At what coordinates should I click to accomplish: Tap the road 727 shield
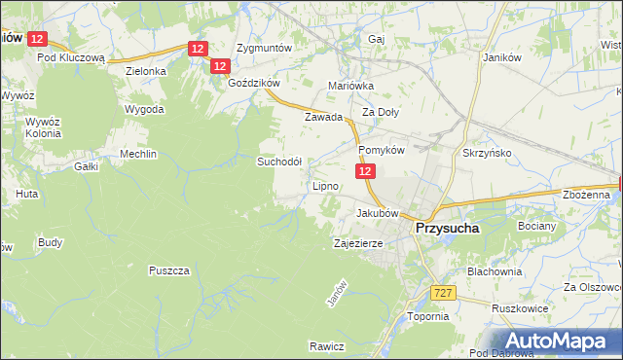pos(443,292)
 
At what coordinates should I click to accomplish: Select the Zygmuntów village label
pos(265,48)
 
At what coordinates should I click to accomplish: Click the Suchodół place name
pos(279,162)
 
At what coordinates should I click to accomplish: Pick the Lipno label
pos(325,186)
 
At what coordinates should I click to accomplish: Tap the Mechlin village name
pos(138,154)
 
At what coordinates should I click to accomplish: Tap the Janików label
pos(503,56)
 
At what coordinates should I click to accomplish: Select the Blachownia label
pos(495,271)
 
